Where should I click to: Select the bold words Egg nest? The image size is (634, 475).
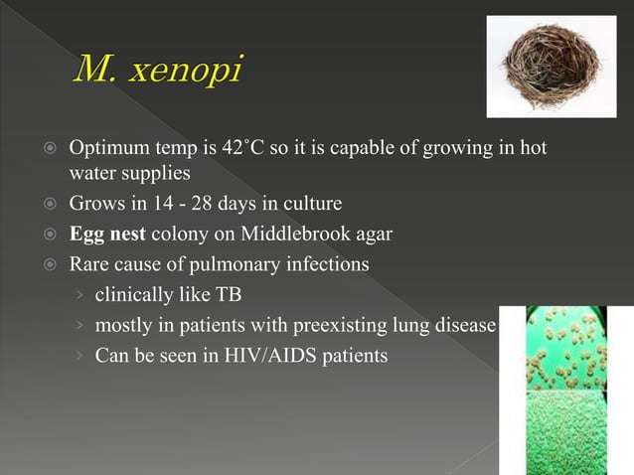click(x=104, y=235)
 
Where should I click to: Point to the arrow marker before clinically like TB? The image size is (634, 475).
click(x=80, y=296)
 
